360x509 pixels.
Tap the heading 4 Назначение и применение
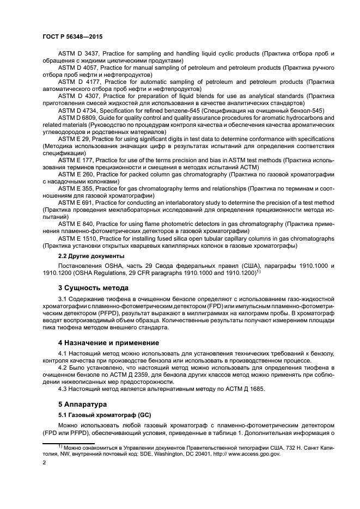click(108, 343)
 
